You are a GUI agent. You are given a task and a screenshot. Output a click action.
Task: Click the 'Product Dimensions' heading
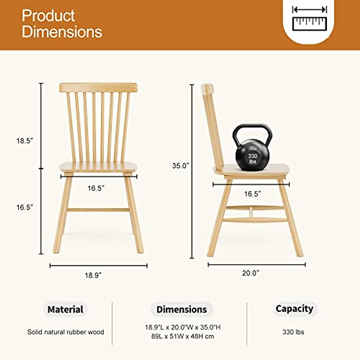tap(62, 24)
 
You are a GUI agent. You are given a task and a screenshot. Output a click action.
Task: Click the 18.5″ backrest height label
tap(24, 141)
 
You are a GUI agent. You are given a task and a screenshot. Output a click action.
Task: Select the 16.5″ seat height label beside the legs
tap(24, 207)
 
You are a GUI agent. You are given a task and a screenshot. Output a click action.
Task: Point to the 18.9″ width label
tap(93, 275)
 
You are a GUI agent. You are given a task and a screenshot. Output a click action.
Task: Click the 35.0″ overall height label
tap(180, 166)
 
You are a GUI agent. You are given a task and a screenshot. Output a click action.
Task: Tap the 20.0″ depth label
tap(250, 273)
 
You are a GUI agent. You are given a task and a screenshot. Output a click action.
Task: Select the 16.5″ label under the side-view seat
tap(252, 194)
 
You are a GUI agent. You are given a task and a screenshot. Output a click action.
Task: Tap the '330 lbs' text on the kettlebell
tap(253, 159)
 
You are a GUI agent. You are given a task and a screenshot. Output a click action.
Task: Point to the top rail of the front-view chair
tap(98, 88)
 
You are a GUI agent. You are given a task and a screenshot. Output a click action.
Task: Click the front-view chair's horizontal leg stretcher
tap(98, 210)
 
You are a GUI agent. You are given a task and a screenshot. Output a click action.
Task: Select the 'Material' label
tap(65, 309)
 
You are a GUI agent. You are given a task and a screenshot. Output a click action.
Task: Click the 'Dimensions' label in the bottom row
tap(182, 309)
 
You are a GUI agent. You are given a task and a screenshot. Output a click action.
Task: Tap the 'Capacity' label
tap(294, 308)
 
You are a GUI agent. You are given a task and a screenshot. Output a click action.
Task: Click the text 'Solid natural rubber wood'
tap(66, 332)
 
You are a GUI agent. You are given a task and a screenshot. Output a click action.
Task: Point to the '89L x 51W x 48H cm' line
tap(183, 336)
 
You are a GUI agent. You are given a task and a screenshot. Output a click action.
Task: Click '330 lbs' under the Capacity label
tap(293, 332)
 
